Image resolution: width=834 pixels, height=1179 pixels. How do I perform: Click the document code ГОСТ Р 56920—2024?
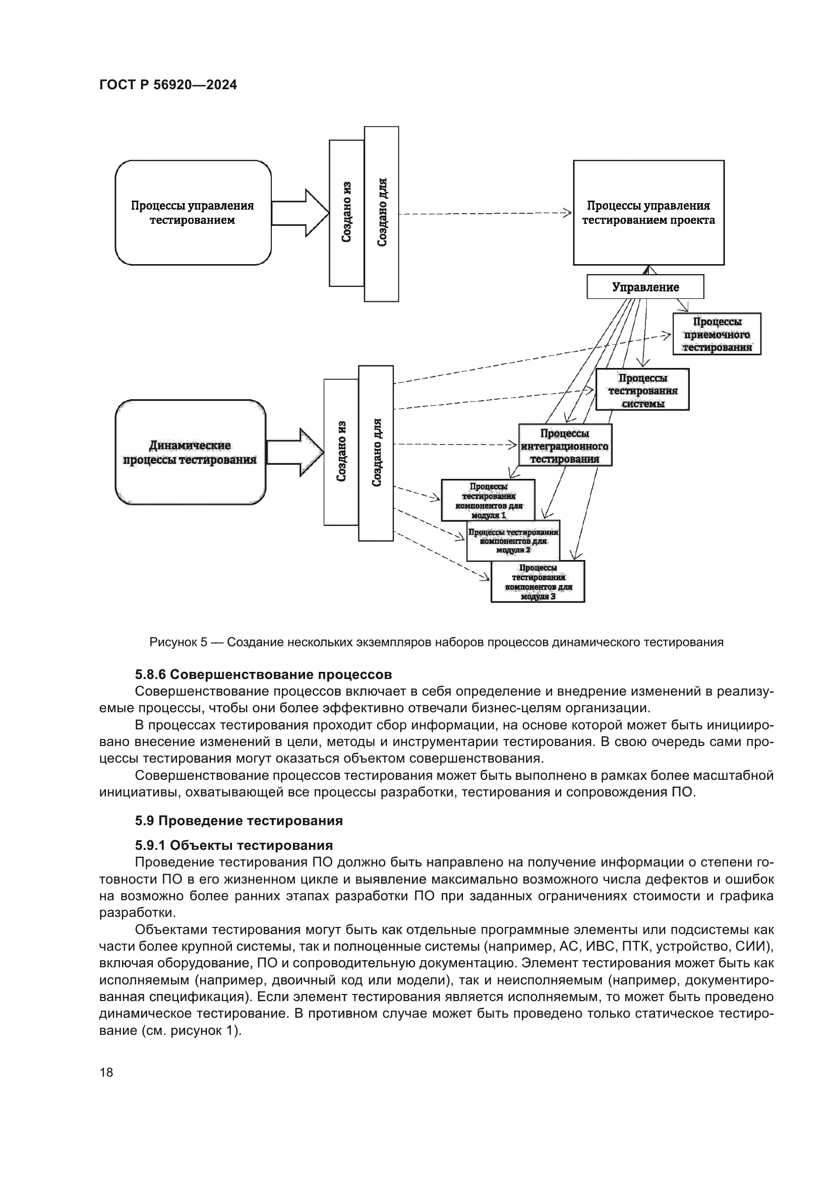[168, 85]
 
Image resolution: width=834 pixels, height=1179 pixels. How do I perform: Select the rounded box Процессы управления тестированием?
[193, 213]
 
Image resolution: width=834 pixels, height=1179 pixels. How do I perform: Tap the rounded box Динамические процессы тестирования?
[190, 452]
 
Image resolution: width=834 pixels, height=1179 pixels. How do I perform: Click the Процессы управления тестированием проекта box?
[648, 213]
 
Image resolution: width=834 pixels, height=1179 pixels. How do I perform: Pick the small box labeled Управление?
[645, 287]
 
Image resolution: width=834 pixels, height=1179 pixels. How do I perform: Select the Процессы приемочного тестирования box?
[717, 334]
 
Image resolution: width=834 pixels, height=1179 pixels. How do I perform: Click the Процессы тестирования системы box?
[642, 390]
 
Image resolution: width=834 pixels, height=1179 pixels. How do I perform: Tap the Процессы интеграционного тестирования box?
[565, 445]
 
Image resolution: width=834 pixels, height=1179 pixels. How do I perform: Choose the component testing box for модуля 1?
[488, 499]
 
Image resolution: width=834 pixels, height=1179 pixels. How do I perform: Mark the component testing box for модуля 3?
[538, 581]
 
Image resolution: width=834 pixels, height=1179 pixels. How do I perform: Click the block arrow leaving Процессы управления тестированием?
[300, 213]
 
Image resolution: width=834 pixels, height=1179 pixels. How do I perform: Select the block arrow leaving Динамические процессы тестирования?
[295, 452]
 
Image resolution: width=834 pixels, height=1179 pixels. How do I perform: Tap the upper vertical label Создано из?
[346, 213]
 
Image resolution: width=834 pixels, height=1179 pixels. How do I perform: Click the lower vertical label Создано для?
[376, 453]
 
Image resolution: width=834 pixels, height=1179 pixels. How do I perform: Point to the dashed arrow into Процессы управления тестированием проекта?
[483, 213]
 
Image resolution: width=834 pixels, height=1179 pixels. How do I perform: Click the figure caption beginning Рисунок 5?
[436, 642]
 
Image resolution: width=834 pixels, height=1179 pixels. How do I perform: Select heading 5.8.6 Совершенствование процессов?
[263, 674]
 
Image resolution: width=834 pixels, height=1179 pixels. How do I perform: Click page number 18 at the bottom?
[106, 1072]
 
